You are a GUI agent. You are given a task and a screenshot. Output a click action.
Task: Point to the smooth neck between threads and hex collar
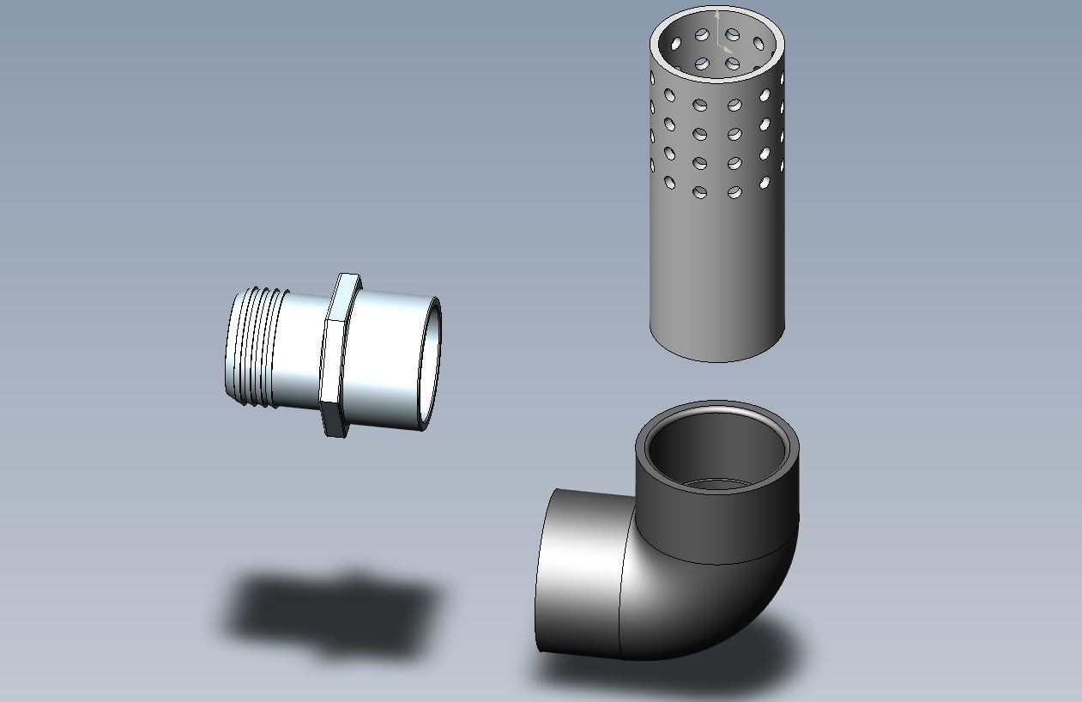(x=302, y=348)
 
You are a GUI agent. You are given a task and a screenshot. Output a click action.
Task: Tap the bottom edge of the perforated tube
(x=716, y=358)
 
